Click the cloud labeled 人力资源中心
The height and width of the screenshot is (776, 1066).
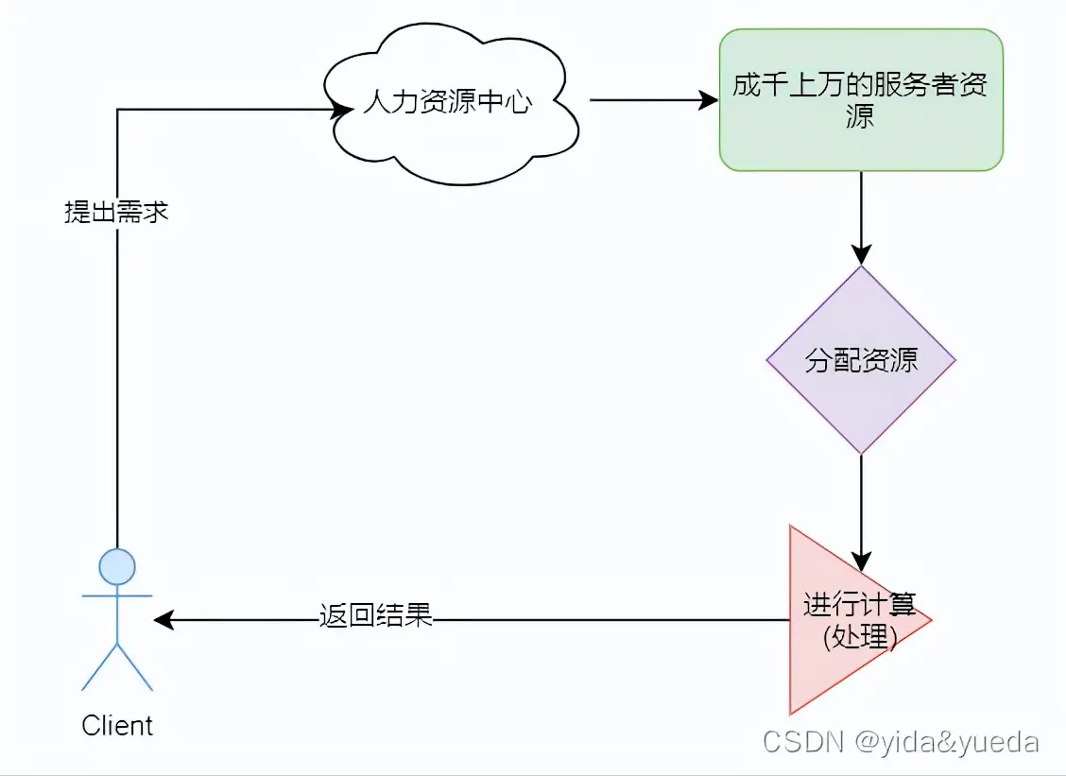pyautogui.click(x=448, y=104)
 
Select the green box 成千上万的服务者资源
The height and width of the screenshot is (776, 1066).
pyautogui.click(x=860, y=100)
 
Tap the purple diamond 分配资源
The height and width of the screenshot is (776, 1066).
pyautogui.click(x=860, y=360)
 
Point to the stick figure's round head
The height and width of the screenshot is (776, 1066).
pyautogui.click(x=117, y=566)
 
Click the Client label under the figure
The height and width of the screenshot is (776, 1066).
pyautogui.click(x=117, y=726)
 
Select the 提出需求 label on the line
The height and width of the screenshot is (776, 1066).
pyautogui.click(x=116, y=213)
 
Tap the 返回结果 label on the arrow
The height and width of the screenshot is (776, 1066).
pyautogui.click(x=375, y=616)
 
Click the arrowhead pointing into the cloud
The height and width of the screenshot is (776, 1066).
pyautogui.click(x=341, y=110)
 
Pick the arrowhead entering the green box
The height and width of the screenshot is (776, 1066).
pyautogui.click(x=708, y=100)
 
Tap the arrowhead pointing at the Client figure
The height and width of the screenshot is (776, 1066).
pyautogui.click(x=163, y=620)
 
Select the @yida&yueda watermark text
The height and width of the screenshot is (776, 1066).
pyautogui.click(x=946, y=742)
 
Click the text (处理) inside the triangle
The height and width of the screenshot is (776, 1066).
pyautogui.click(x=858, y=638)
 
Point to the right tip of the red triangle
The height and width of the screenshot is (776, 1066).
pyautogui.click(x=930, y=620)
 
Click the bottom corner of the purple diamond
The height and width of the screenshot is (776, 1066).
pyautogui.click(x=860, y=452)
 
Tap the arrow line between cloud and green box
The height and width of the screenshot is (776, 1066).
pyautogui.click(x=643, y=100)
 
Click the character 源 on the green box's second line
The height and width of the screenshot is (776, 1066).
pyautogui.click(x=860, y=116)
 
